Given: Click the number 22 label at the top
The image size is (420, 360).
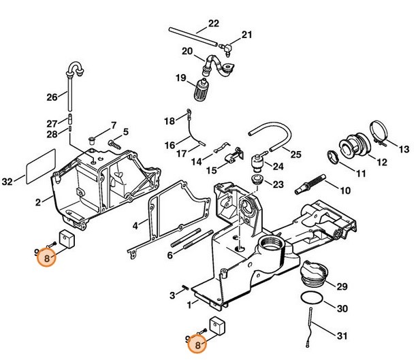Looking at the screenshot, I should [213, 22].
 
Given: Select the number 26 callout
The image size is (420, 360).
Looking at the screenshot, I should [52, 97].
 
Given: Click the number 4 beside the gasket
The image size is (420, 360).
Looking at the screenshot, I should [135, 225].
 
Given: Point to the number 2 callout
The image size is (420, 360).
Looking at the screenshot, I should [38, 201].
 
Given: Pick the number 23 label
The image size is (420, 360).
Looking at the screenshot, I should [278, 184].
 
